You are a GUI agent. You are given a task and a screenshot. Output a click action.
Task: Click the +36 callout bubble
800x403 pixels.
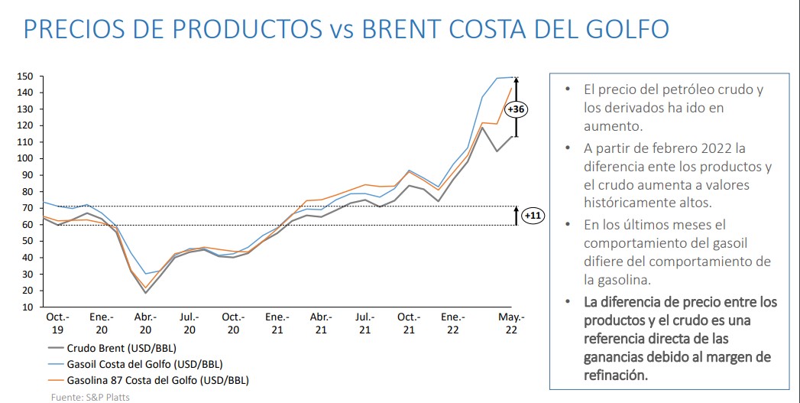coord(517,109)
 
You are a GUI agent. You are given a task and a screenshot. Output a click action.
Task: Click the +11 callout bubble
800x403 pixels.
coord(532,216)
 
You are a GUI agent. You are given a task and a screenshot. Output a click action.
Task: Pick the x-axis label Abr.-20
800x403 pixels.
coord(145,323)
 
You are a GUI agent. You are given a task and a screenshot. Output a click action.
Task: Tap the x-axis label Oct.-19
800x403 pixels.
coord(57,323)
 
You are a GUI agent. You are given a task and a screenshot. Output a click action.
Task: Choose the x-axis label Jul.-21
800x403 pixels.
coord(365,323)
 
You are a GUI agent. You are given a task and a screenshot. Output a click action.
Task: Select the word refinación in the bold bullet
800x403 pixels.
coord(615,375)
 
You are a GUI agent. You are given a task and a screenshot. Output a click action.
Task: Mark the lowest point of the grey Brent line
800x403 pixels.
coord(145,293)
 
